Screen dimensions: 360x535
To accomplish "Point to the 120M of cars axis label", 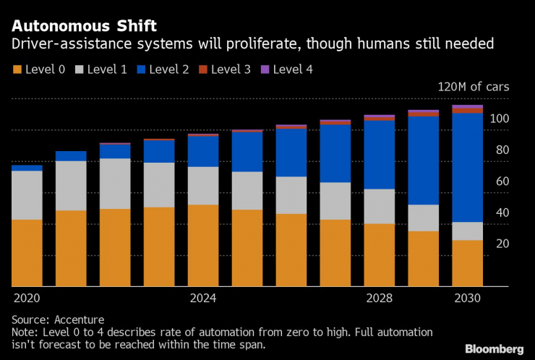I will click(x=473, y=87).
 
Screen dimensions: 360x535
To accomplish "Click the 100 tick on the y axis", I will click(x=500, y=119).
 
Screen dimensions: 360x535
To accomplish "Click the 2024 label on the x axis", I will click(x=203, y=298).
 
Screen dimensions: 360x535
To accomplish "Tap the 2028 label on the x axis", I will click(x=379, y=298).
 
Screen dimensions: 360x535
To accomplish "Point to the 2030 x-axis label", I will click(x=467, y=298).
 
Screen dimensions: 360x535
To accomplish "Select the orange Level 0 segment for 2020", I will click(x=27, y=253).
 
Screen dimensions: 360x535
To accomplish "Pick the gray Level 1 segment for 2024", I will click(x=203, y=186).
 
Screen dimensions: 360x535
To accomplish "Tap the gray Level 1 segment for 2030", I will click(x=467, y=231).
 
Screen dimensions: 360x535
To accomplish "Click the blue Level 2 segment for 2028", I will click(x=379, y=155).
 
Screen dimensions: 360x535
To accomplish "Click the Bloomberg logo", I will click(x=494, y=348).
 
